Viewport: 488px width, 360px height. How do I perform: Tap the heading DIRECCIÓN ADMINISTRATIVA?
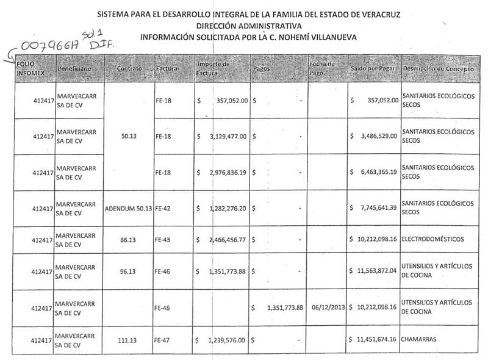tap(249, 26)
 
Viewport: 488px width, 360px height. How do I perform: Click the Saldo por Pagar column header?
tap(373, 69)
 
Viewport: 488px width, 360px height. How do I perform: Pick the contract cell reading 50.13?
tap(128, 137)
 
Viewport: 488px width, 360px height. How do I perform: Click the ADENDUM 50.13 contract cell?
tap(128, 208)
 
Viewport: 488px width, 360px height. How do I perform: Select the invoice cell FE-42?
tap(164, 208)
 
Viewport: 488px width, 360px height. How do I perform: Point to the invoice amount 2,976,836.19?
tap(224, 173)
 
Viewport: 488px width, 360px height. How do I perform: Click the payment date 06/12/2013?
tap(328, 308)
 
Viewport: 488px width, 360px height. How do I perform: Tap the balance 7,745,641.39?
tap(378, 208)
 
